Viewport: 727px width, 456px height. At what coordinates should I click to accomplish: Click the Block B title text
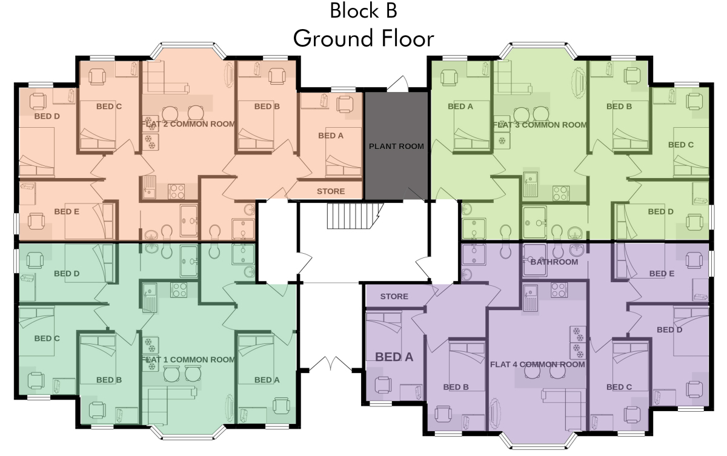pos(363,10)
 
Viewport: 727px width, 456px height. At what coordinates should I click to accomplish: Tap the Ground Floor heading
pos(363,38)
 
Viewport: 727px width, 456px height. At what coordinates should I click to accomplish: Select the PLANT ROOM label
pos(396,147)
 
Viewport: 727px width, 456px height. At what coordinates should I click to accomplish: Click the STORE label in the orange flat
pos(331,191)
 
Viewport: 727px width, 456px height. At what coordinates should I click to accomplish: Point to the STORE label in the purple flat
pos(394,297)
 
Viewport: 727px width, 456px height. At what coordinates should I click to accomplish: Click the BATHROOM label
pos(554,262)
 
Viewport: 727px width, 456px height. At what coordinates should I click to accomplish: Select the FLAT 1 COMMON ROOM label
pos(188,360)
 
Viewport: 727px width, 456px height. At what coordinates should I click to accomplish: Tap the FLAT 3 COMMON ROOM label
pos(540,125)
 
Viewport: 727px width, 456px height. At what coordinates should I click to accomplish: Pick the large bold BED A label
pos(394,357)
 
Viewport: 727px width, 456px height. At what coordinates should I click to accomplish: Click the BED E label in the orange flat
pos(67,212)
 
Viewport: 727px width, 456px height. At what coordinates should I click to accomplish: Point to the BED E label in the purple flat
pos(662,274)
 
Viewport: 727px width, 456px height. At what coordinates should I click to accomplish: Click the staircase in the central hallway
pos(355,216)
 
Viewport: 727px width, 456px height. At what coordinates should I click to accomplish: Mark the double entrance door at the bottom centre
pos(330,363)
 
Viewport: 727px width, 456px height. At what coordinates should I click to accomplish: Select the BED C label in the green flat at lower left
pos(47,339)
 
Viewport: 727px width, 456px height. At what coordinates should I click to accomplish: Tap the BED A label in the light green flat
pos(460,107)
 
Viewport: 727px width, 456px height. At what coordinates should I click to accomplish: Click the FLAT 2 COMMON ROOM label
pos(188,124)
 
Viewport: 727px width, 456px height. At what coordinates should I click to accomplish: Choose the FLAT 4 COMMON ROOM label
pos(537,365)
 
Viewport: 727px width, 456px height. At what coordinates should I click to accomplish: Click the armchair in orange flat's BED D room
pos(38,101)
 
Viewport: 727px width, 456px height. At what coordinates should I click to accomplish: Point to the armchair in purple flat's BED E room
pos(694,260)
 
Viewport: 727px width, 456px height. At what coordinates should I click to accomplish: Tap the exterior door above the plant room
pos(398,84)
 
